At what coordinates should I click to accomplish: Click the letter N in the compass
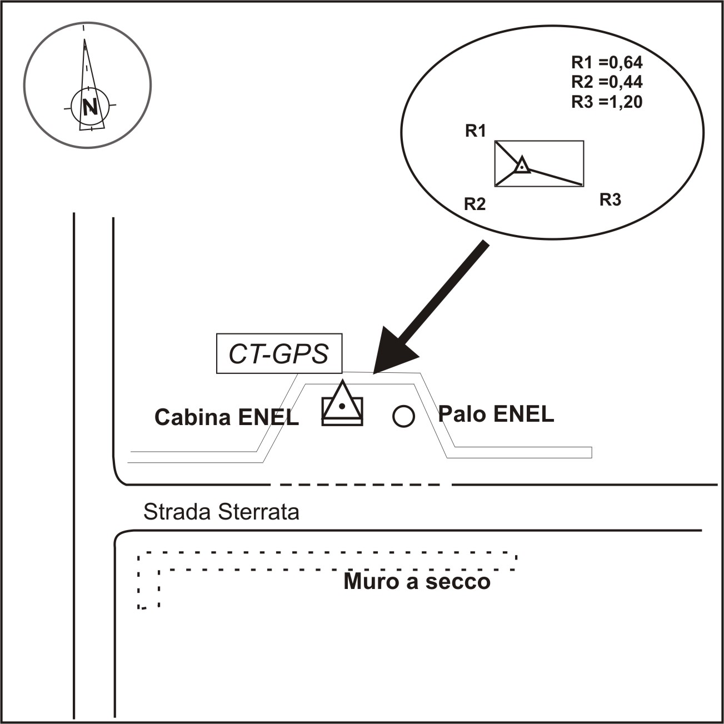click(89, 107)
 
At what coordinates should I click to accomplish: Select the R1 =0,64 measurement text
click(607, 61)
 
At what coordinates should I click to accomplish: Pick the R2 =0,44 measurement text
click(607, 82)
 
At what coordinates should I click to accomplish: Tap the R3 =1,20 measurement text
click(607, 102)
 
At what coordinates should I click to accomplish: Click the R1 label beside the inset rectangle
click(475, 131)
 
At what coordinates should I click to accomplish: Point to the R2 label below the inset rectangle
click(475, 204)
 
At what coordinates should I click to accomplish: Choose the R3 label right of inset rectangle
click(610, 200)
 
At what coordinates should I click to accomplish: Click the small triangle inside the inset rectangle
click(521, 166)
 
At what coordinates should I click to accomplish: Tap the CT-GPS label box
click(279, 354)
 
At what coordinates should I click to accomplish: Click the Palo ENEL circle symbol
click(403, 416)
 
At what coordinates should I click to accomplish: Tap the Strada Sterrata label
click(221, 512)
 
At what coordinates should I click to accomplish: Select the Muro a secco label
click(417, 582)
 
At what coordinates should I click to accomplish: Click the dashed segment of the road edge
click(361, 485)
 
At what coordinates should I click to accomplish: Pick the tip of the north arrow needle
click(84, 40)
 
